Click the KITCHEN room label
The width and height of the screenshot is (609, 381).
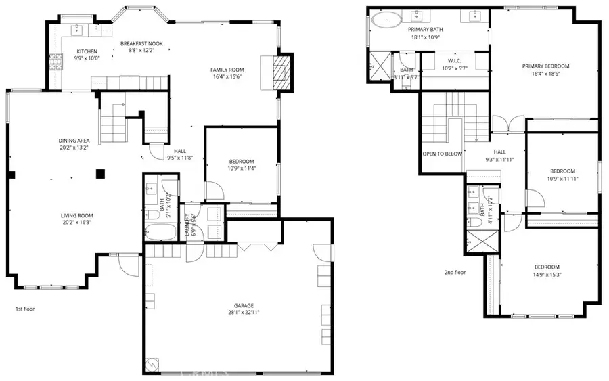(87, 51)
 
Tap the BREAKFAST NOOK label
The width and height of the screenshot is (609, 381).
(142, 44)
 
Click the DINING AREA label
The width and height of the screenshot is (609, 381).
(74, 141)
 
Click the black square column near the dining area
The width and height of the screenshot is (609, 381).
(100, 174)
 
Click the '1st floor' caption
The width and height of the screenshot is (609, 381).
(24, 309)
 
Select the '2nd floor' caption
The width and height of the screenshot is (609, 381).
(455, 273)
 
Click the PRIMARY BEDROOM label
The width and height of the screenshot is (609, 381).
(545, 66)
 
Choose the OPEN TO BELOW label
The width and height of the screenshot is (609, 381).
(443, 154)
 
